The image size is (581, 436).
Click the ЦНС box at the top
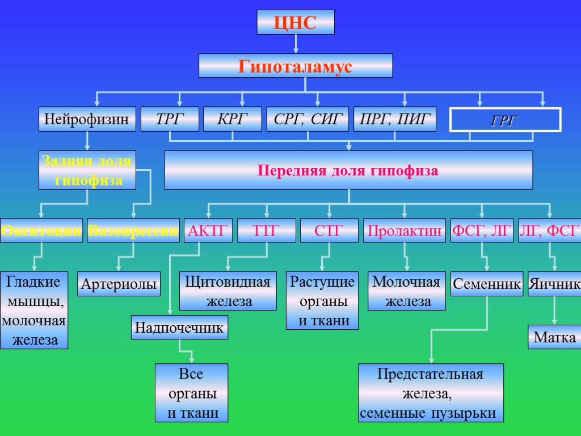296,22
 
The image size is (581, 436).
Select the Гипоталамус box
296,66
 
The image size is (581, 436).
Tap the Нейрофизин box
87,119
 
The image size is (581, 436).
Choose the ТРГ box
170,119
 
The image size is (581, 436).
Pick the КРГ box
233,119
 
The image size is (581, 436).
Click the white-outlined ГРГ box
505,120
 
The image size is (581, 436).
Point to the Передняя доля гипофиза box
348,170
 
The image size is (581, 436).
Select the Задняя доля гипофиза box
87,170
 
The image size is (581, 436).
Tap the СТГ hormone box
329,230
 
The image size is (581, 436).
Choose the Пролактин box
405,230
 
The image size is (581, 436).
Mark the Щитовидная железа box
228,291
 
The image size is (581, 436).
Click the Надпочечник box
179,328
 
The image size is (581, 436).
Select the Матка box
554,337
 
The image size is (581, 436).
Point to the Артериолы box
119,284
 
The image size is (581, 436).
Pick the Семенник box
487,284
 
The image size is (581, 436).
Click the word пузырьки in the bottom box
468,413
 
